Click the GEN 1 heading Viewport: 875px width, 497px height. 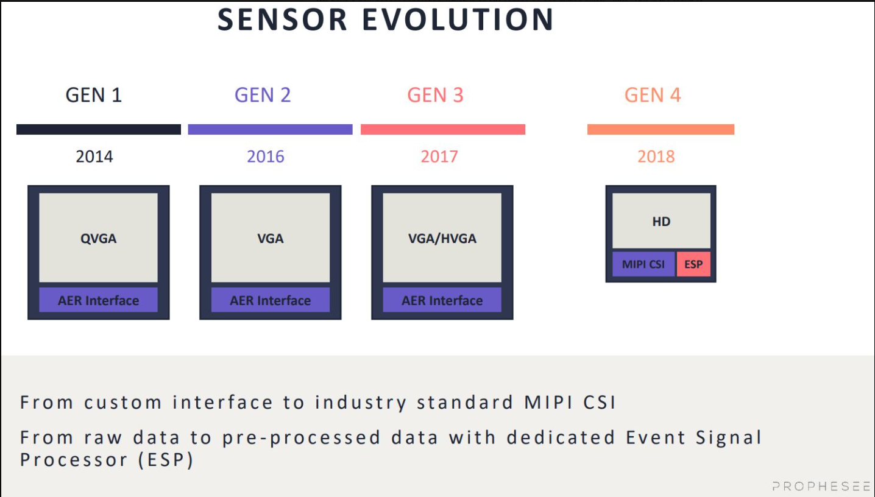[94, 95]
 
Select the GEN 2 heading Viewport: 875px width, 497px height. [263, 95]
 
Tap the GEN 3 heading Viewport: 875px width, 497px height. [435, 95]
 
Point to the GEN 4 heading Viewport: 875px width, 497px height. [653, 95]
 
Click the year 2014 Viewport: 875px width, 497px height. [94, 157]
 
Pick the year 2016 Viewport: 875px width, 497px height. [266, 157]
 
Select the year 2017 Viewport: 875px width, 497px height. [439, 157]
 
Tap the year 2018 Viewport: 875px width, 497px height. [656, 157]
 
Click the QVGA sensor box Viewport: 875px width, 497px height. [98, 238]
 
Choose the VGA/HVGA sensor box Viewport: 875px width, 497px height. [442, 238]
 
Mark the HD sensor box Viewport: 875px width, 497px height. [661, 221]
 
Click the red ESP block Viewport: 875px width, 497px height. [693, 264]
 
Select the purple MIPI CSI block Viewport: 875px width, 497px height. [643, 264]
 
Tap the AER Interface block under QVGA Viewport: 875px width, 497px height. [98, 300]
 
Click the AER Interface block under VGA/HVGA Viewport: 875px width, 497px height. [442, 300]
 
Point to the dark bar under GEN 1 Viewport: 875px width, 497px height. [99, 129]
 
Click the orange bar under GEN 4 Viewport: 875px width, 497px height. [661, 129]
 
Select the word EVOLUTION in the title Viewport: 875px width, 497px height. [458, 19]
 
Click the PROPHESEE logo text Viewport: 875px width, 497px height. [821, 486]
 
